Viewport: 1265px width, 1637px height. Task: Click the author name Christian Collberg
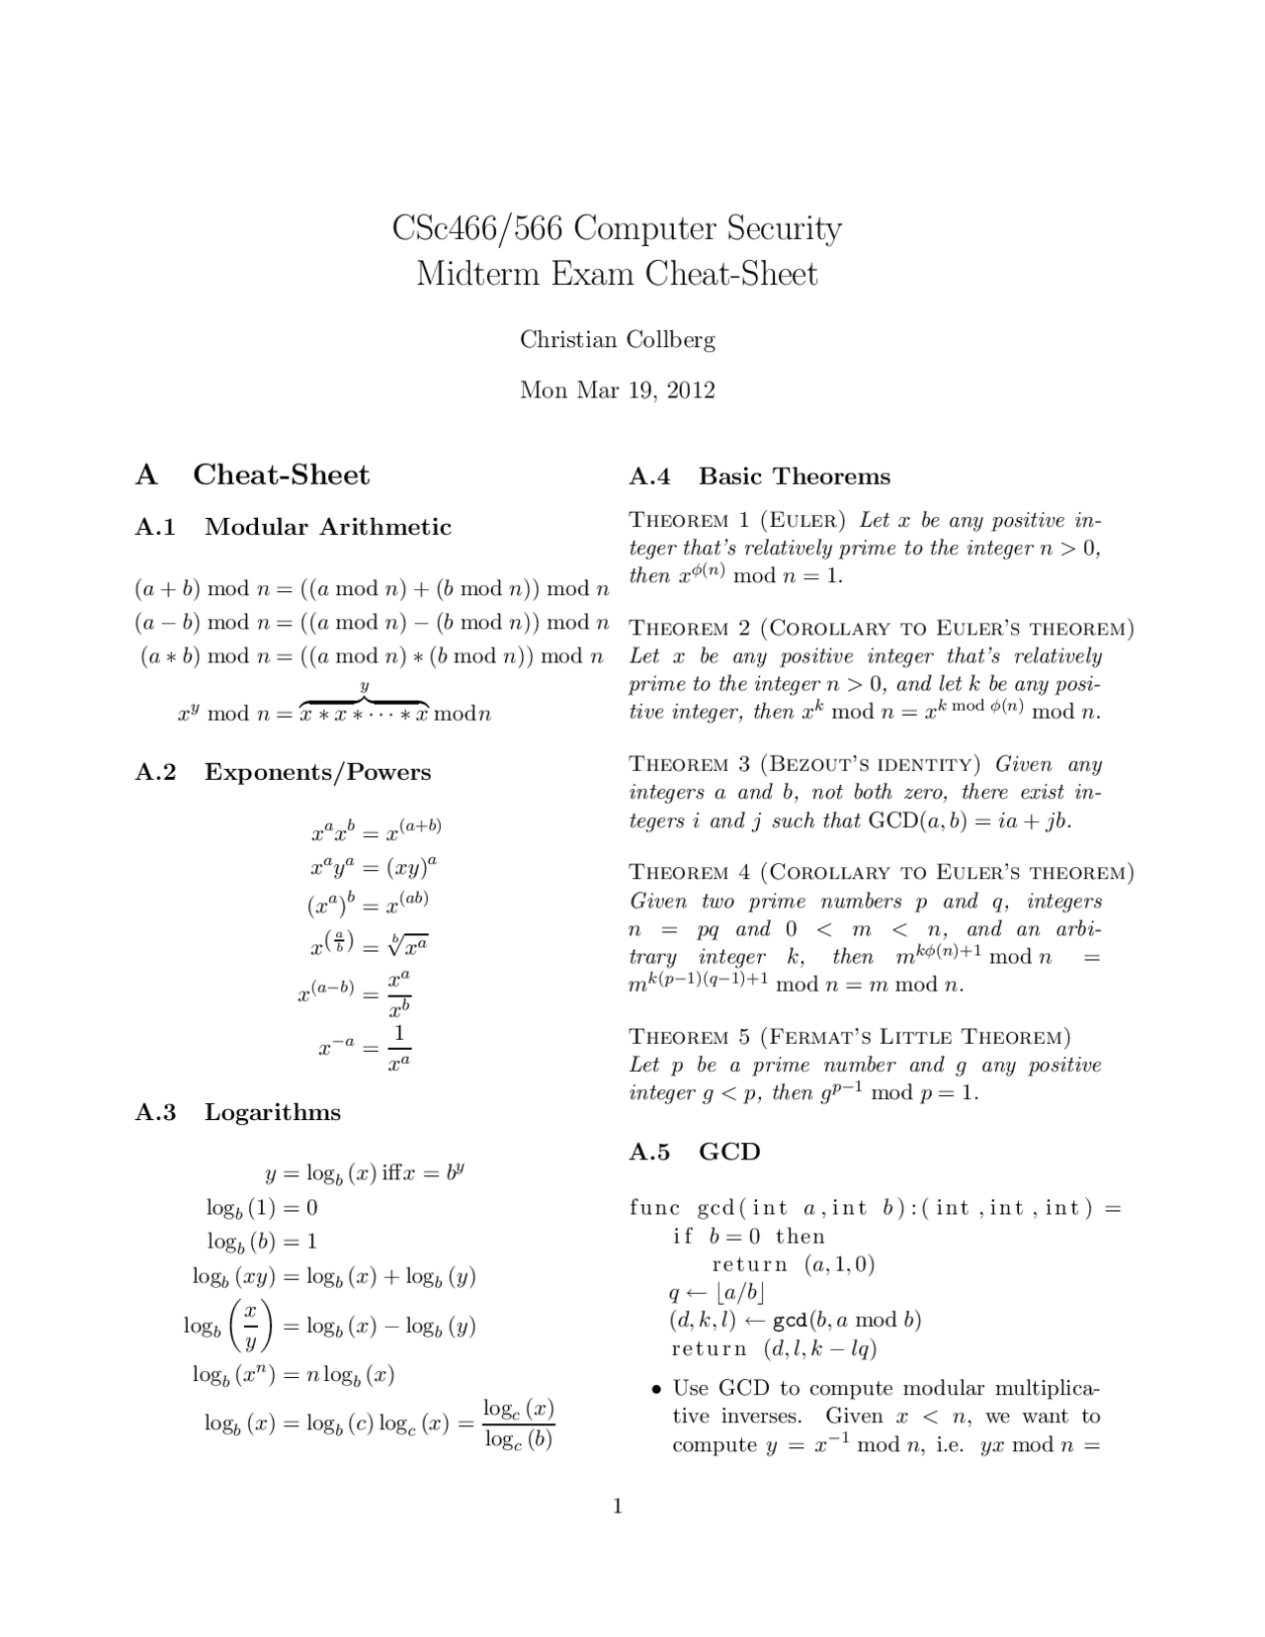(618, 340)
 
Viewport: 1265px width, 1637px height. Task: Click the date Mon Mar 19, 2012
(618, 390)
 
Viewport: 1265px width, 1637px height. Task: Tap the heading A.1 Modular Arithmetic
(293, 527)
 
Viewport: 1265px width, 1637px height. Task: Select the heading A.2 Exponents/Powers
(283, 772)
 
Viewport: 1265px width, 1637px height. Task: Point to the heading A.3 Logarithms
(237, 1112)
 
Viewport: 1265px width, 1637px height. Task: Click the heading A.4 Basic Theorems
(759, 476)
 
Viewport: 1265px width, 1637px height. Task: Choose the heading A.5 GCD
(695, 1152)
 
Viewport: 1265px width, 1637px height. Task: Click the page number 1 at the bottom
(618, 1507)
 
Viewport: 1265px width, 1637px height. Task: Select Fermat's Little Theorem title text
(915, 1037)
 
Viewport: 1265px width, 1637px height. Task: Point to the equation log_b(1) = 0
(262, 1207)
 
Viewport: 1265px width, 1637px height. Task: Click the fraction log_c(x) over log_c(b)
(518, 1423)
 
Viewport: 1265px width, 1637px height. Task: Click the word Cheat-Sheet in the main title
(731, 274)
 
